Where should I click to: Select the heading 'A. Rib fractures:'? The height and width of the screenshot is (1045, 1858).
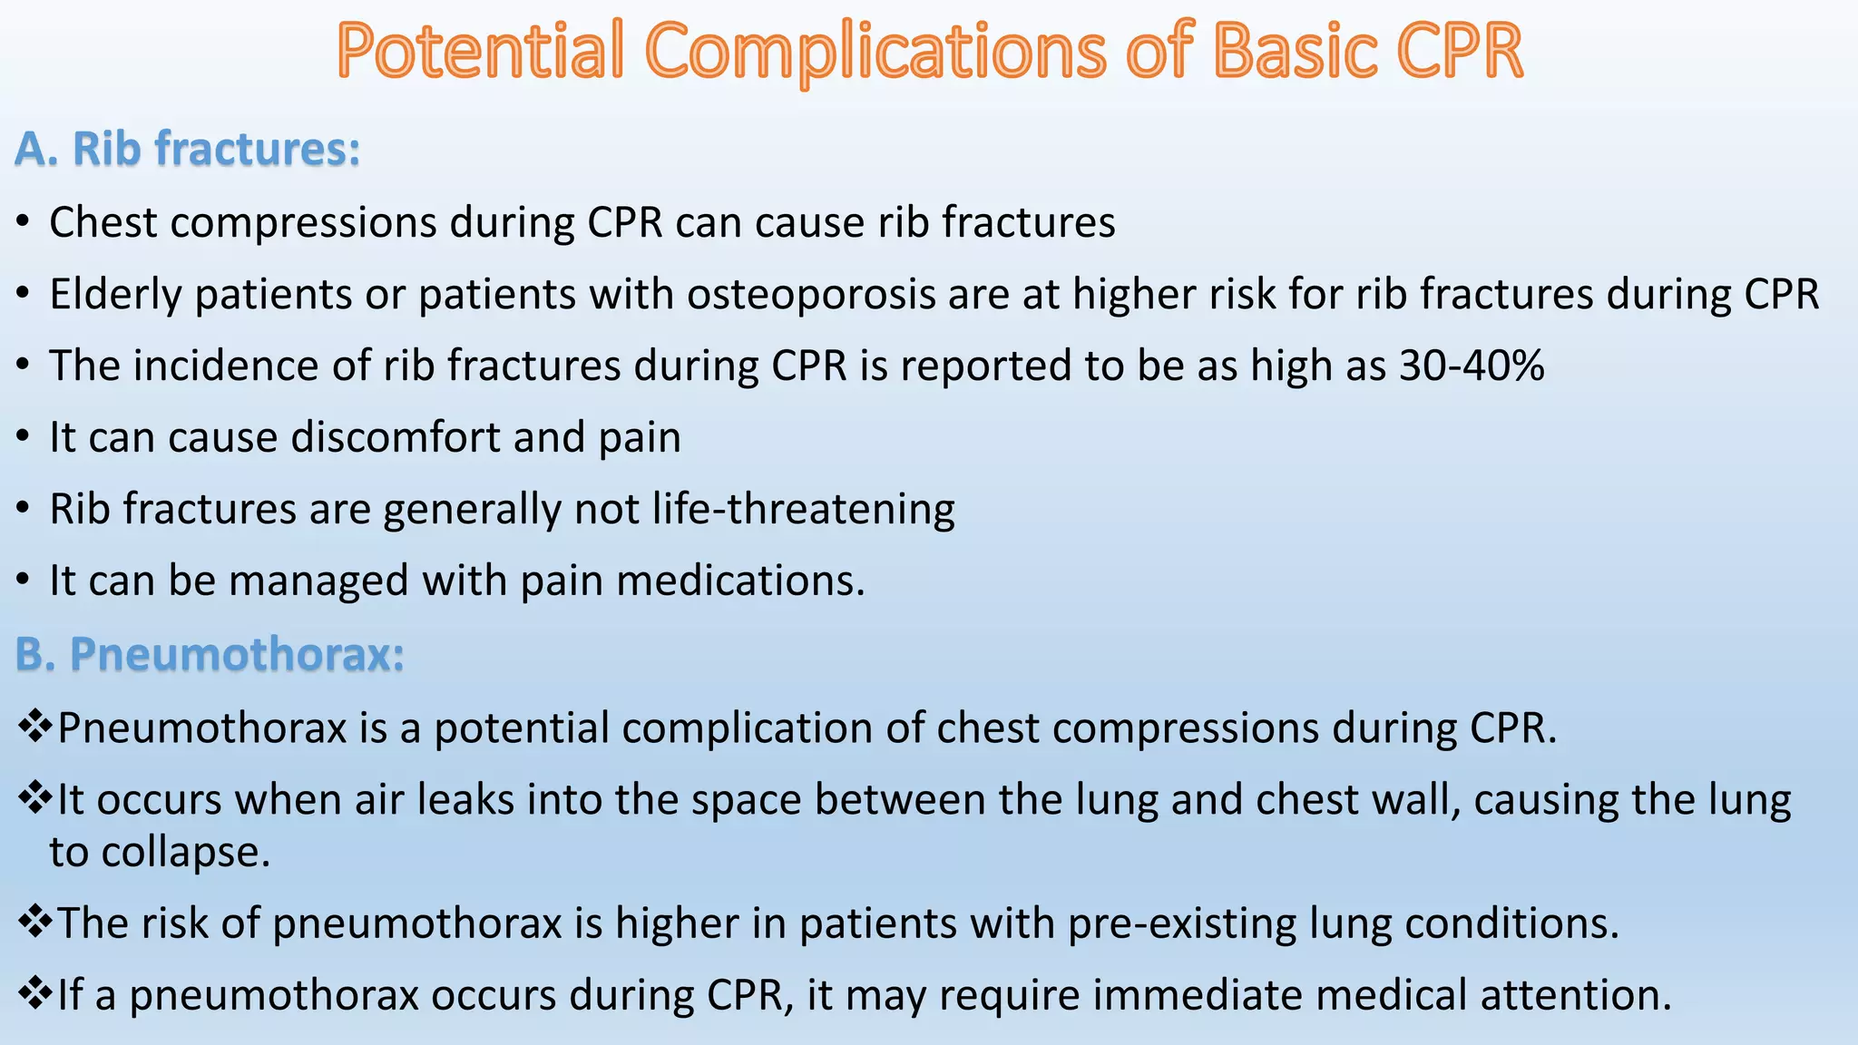coord(188,149)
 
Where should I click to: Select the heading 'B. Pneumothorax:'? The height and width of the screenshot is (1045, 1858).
coord(210,654)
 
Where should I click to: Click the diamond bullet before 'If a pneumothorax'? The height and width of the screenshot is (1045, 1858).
coord(34,994)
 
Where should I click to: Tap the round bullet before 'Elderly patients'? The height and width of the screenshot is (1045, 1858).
coord(24,296)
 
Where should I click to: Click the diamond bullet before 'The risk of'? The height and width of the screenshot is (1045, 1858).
coord(34,923)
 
